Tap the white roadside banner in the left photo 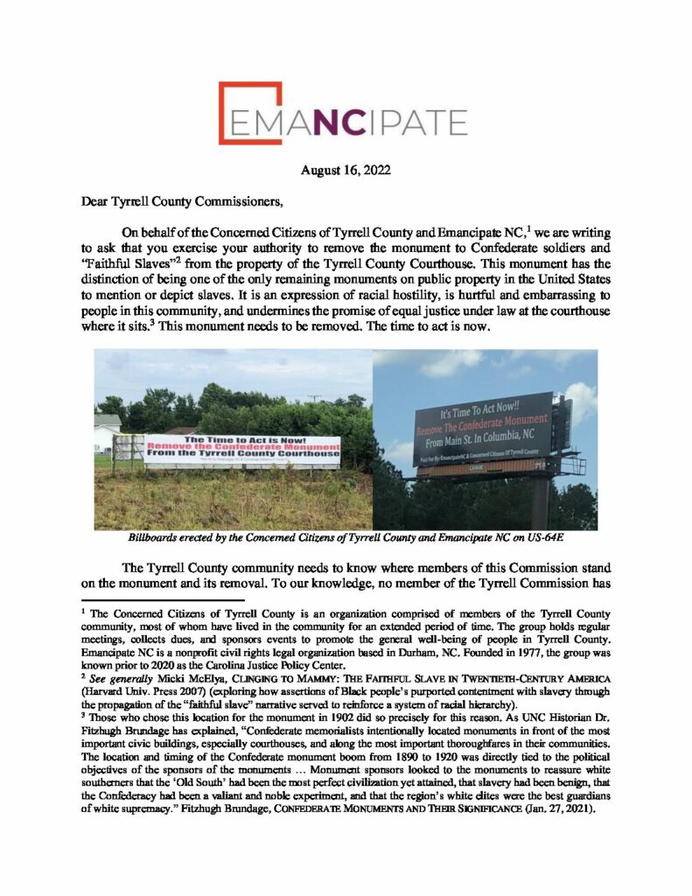[x=242, y=451]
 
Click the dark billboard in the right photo [x=485, y=428]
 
